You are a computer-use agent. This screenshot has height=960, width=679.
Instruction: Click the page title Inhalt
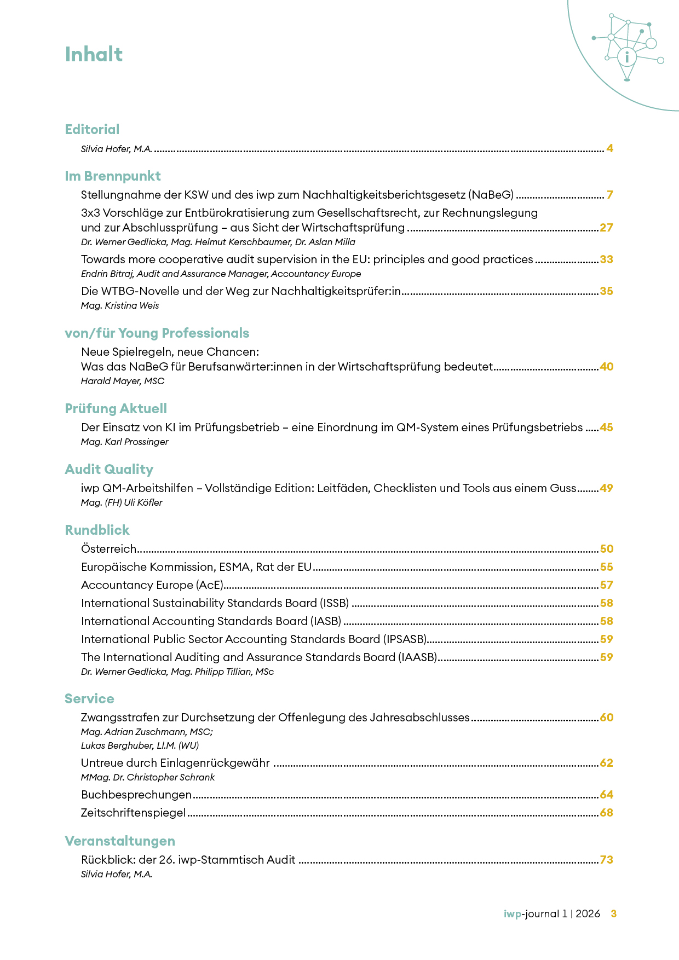click(x=94, y=55)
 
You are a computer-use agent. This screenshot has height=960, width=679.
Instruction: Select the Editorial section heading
click(x=92, y=130)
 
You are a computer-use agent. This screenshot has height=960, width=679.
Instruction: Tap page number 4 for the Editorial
click(x=609, y=148)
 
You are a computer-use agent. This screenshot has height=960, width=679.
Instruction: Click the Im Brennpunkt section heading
click(x=112, y=176)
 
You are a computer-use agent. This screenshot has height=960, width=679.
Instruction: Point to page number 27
click(x=606, y=228)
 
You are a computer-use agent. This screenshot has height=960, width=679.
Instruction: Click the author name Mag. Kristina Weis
click(x=120, y=305)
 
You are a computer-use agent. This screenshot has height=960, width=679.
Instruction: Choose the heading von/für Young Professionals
click(x=157, y=333)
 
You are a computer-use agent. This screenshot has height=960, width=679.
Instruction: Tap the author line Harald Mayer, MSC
click(x=123, y=381)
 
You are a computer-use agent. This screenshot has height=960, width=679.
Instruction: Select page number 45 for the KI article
click(x=606, y=427)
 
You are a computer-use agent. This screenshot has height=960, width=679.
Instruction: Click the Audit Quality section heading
click(x=109, y=470)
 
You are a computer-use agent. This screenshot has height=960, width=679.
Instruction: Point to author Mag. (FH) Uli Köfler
click(x=122, y=502)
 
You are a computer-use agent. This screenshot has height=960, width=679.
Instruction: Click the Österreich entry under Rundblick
click(x=108, y=549)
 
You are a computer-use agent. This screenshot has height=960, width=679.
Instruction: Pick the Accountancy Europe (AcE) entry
click(x=152, y=585)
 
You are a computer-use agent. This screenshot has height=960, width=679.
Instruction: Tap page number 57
click(x=606, y=585)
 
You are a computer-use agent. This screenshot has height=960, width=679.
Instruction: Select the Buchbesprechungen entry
click(x=136, y=795)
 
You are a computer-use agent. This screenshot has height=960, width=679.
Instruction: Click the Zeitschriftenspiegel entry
click(x=134, y=813)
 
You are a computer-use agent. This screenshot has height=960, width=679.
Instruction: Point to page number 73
click(x=606, y=860)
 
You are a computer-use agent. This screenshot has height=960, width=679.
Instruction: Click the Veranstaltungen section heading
click(x=120, y=841)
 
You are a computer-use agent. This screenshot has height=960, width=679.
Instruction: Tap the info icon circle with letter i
click(x=627, y=56)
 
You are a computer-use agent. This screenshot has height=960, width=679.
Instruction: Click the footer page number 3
click(x=614, y=913)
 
